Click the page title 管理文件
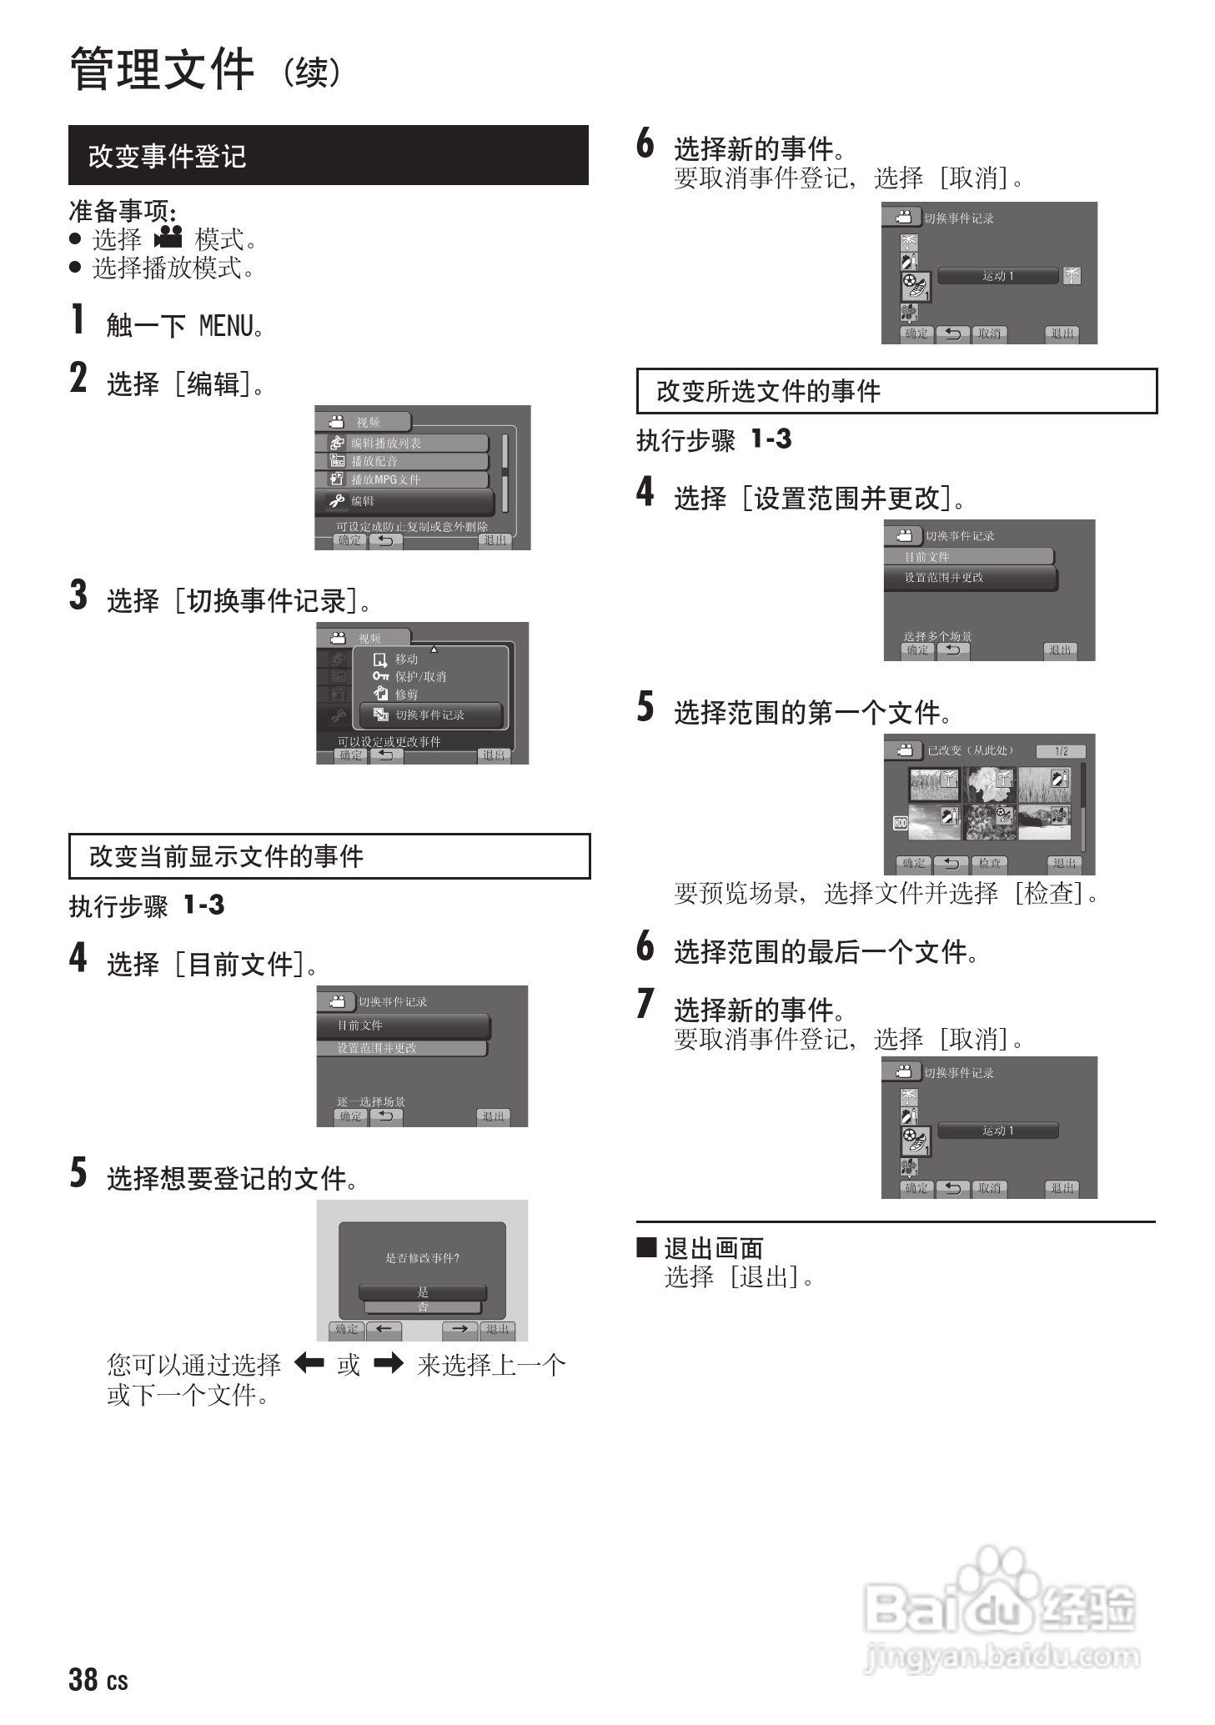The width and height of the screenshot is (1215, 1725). tap(162, 69)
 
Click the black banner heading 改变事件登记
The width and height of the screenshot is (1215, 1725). tap(167, 156)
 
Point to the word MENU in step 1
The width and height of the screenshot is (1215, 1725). tap(226, 326)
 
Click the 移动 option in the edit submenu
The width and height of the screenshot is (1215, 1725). tap(406, 659)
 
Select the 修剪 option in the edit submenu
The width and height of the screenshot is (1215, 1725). tap(406, 694)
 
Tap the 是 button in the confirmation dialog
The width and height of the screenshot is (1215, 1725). tap(423, 1291)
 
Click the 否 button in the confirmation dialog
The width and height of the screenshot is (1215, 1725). tap(423, 1306)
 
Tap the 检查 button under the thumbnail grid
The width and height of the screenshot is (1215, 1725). tap(990, 864)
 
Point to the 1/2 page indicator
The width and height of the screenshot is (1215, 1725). tap(1061, 751)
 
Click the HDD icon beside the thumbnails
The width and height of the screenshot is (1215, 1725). tap(900, 823)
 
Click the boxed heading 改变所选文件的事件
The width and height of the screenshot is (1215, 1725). tap(768, 391)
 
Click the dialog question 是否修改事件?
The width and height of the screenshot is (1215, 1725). tap(422, 1258)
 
